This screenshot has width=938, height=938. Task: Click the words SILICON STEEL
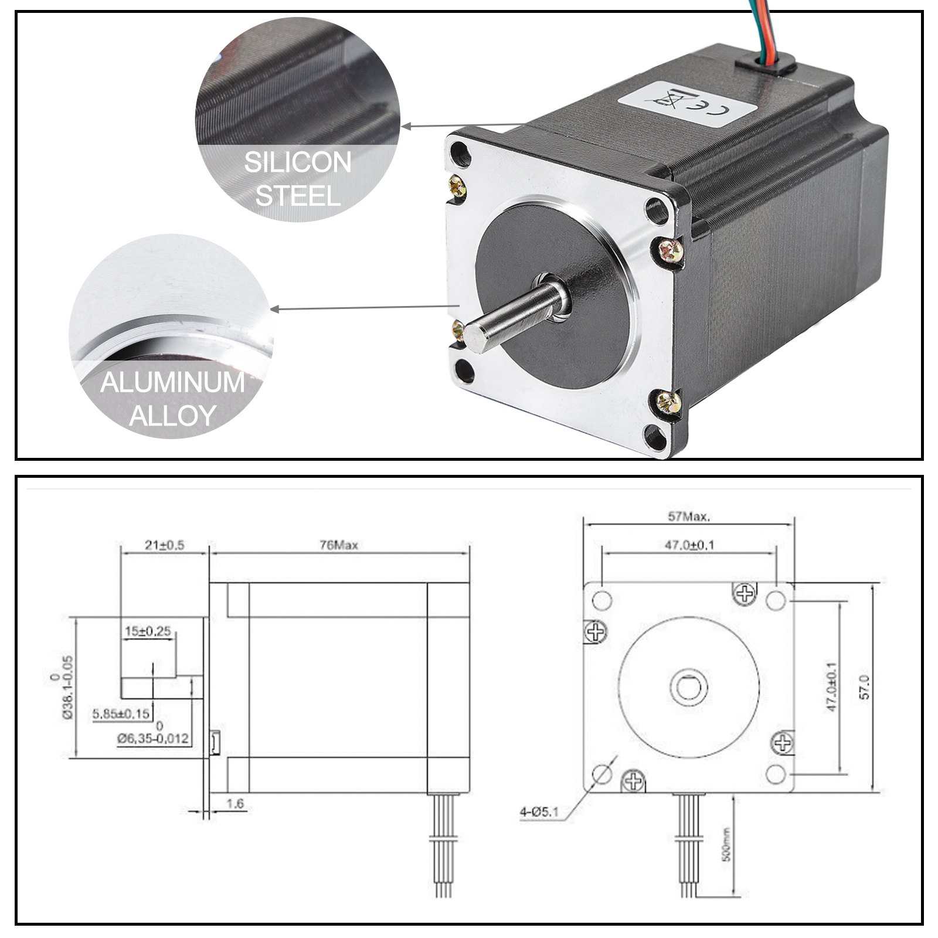pos(298,178)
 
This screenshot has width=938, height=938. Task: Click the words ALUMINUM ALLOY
pos(172,399)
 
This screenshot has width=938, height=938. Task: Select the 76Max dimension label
pos(339,545)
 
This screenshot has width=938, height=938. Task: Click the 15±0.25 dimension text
pos(148,631)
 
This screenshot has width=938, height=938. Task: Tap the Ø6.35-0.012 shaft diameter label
pos(153,739)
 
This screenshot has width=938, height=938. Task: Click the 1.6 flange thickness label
pos(235,803)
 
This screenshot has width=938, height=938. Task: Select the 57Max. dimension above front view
pos(689,518)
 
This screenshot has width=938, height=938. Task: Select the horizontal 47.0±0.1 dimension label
pos(689,545)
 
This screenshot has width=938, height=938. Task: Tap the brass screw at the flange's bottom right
pos(669,402)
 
